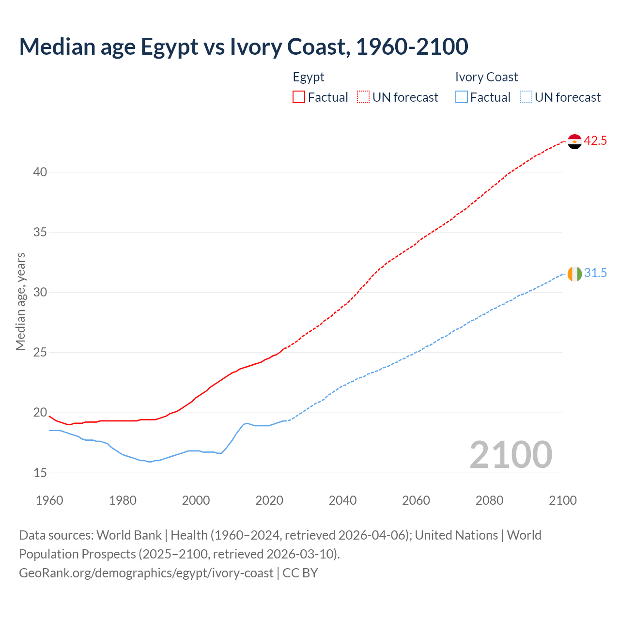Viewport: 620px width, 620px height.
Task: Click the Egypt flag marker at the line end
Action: pos(574,141)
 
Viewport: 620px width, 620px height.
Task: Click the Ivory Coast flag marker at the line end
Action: pos(574,274)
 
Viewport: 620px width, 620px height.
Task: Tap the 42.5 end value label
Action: pos(595,141)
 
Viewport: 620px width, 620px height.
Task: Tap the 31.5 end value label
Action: pos(595,273)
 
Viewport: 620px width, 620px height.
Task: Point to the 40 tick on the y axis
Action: pos(40,172)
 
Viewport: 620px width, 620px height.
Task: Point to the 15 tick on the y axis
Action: pos(40,473)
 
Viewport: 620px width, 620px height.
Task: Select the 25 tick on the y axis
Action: pos(40,353)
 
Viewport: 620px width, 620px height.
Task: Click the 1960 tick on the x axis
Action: pos(49,500)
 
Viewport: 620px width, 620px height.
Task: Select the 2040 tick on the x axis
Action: pos(342,500)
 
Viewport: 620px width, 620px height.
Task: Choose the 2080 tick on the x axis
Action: pos(489,500)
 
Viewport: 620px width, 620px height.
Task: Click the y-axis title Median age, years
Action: pos(20,301)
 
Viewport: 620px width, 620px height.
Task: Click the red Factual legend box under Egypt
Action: pos(299,97)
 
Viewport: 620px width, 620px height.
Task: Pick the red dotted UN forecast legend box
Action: pos(363,97)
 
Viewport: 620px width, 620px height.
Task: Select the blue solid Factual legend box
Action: pos(462,97)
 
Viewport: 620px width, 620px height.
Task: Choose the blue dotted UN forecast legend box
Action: pos(526,97)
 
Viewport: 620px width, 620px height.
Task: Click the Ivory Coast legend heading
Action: pos(486,77)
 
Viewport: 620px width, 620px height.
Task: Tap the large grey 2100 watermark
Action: pos(511,454)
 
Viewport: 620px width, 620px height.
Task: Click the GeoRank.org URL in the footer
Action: pos(146,573)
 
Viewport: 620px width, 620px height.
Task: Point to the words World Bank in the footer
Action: pos(129,535)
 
